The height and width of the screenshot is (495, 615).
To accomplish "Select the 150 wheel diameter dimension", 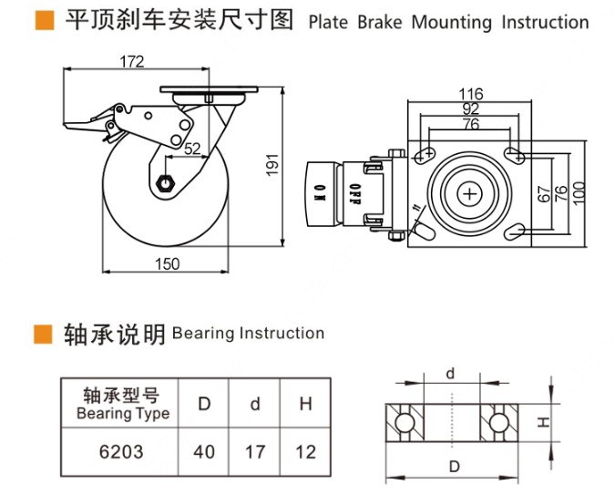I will click(x=167, y=263).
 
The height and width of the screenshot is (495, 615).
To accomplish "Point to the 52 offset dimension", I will click(x=192, y=149).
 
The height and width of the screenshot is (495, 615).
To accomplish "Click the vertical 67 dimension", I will click(x=543, y=193).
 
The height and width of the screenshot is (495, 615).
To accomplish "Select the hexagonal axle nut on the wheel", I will click(x=166, y=181).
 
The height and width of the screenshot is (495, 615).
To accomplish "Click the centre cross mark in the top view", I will click(x=470, y=193).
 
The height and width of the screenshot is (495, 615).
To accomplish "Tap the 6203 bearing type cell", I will click(x=121, y=450).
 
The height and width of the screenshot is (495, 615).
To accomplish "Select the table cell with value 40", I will click(x=205, y=450).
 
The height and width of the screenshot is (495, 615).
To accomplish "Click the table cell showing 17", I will click(x=256, y=450).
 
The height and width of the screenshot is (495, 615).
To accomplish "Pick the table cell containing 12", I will click(x=305, y=450).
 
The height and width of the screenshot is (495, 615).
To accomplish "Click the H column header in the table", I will click(x=305, y=403).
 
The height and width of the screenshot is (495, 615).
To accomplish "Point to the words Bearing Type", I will click(x=123, y=413).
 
